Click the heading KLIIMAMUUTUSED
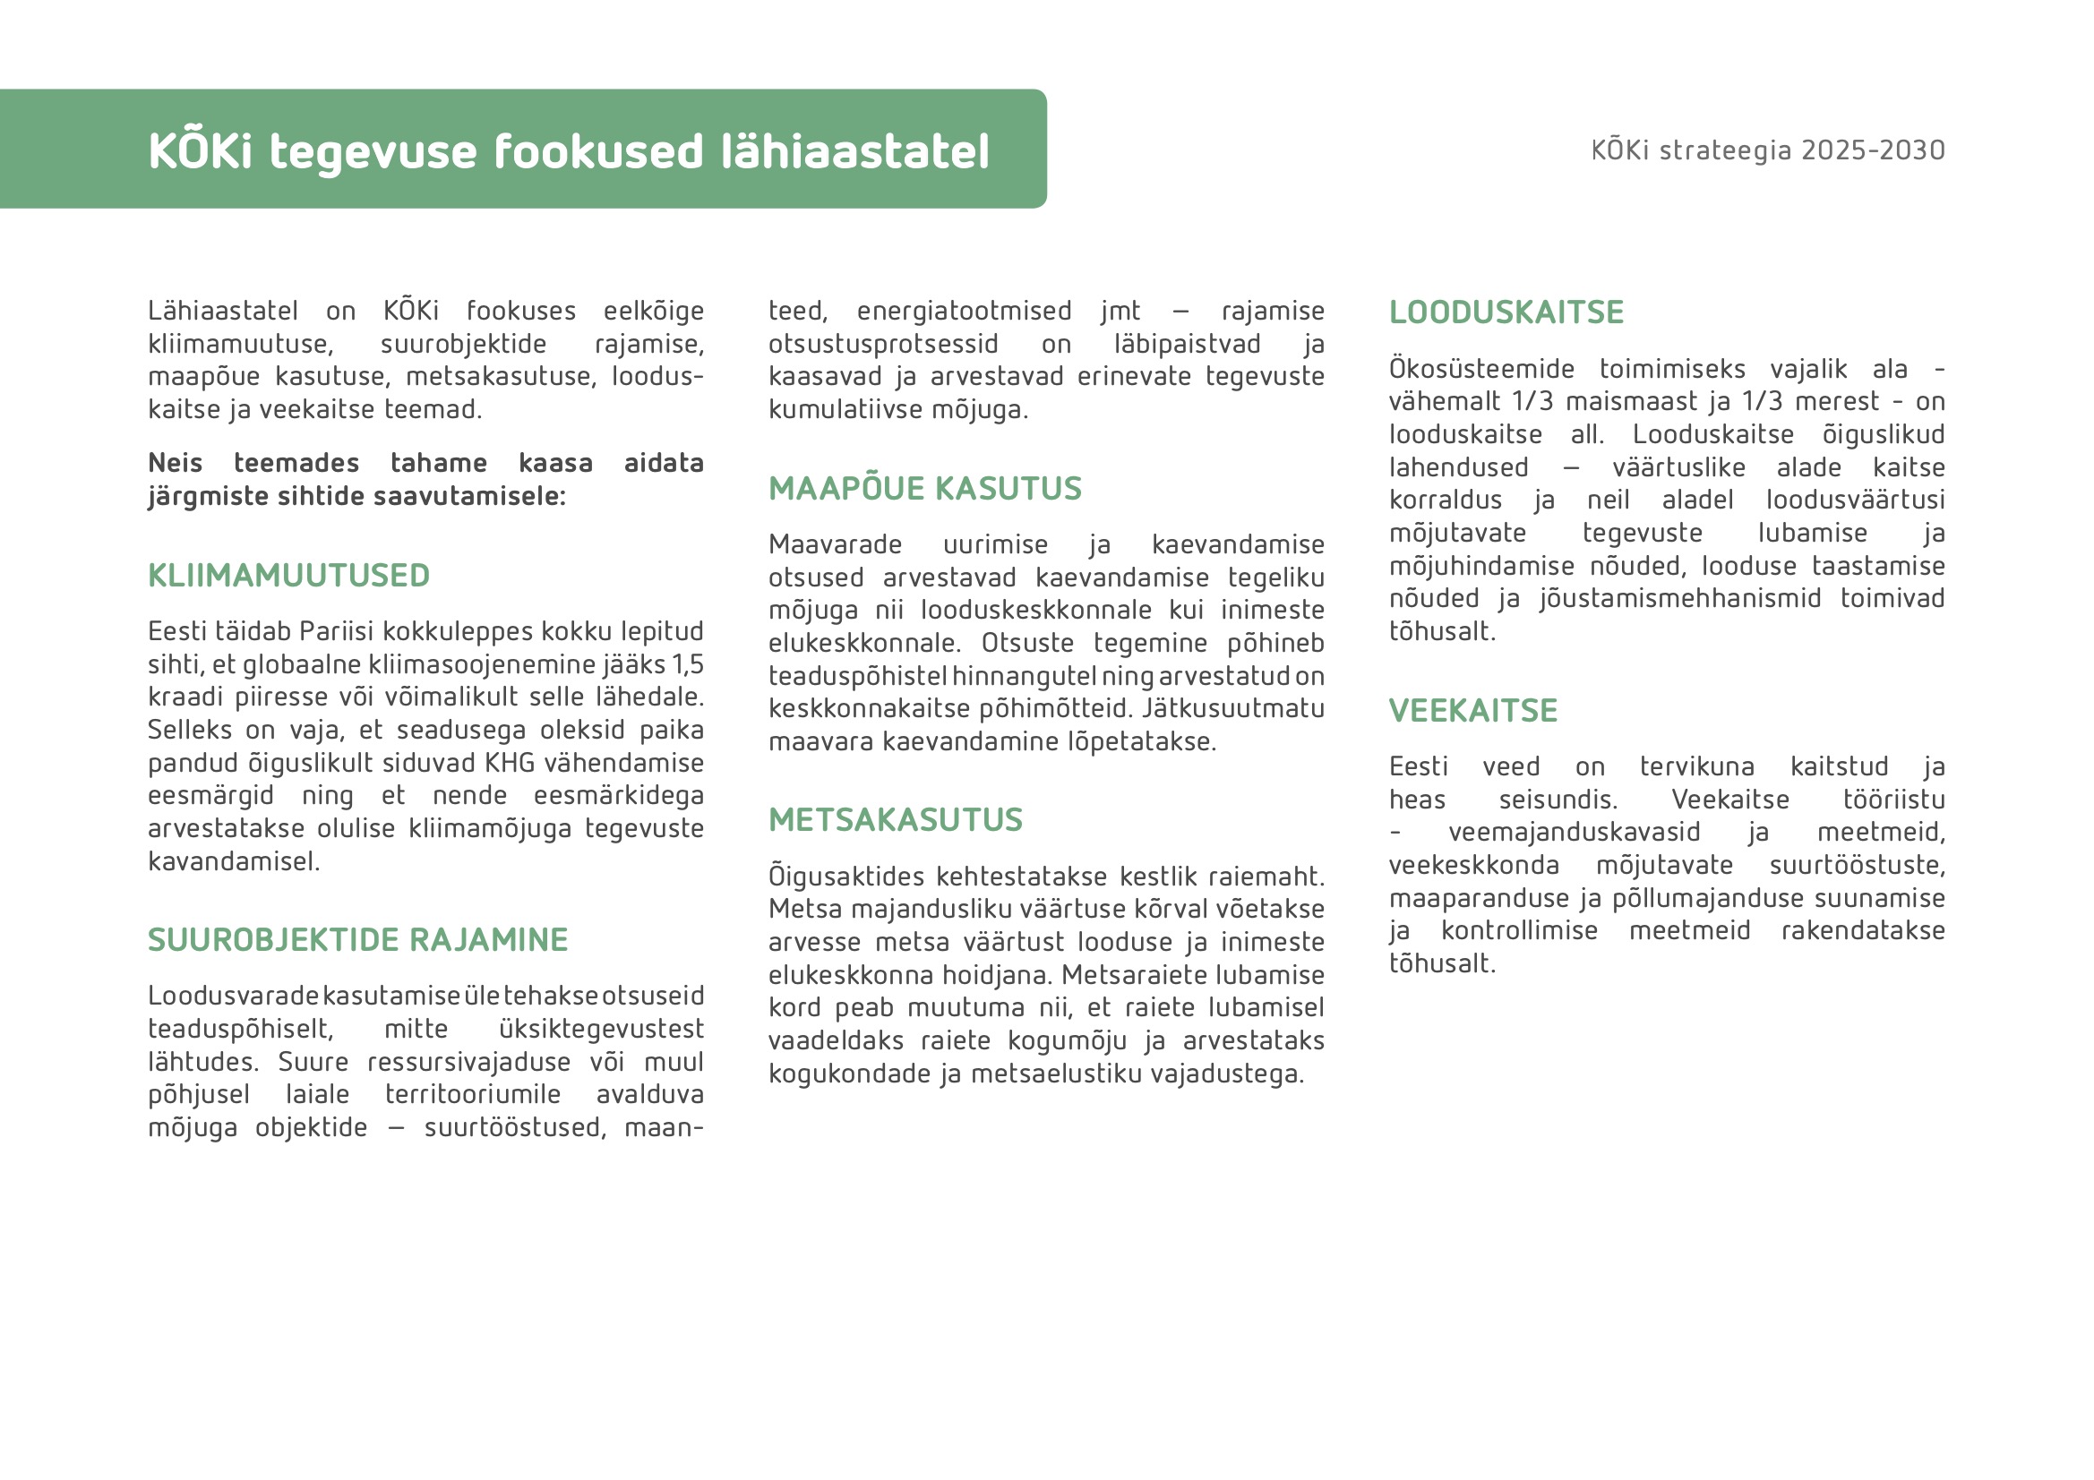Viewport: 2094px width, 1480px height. tap(288, 576)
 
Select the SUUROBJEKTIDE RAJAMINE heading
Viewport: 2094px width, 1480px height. tap(357, 939)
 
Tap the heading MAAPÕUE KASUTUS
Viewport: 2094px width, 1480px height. tap(925, 489)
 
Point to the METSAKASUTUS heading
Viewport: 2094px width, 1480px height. tap(895, 820)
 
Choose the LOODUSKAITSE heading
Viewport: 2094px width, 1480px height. tap(1506, 312)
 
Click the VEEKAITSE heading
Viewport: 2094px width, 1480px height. tap(1473, 710)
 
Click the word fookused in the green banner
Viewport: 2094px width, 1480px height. tap(598, 151)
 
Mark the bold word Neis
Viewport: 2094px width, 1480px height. tap(176, 463)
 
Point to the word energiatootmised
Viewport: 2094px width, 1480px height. tap(964, 311)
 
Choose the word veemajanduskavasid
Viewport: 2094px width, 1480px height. tap(1575, 833)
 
